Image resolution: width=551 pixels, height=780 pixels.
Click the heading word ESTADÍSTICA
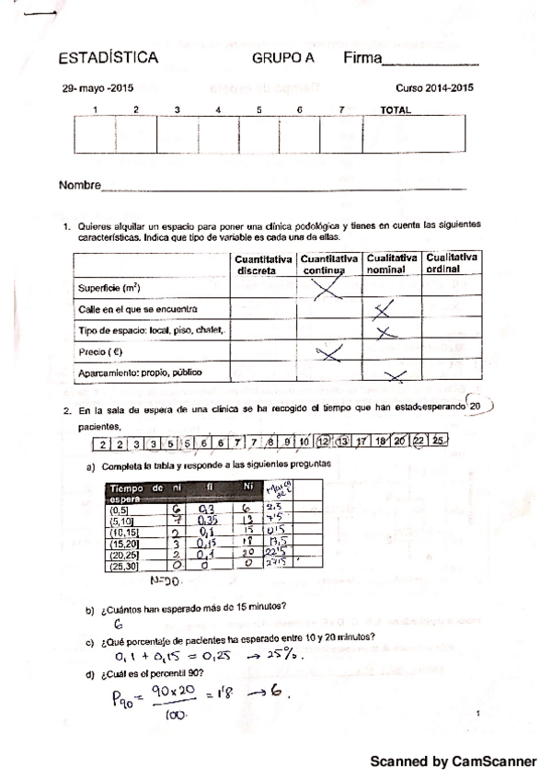[x=108, y=59]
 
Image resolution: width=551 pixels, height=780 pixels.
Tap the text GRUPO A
[x=282, y=59]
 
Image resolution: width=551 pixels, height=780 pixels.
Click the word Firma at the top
[x=362, y=59]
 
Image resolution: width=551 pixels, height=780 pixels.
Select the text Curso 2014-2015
[x=434, y=89]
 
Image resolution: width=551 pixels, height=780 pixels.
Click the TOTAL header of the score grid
[x=396, y=110]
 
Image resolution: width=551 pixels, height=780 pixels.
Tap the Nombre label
[x=79, y=186]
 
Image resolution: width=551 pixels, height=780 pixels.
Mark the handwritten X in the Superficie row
[x=329, y=289]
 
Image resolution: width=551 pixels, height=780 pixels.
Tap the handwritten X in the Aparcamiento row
[x=395, y=373]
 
